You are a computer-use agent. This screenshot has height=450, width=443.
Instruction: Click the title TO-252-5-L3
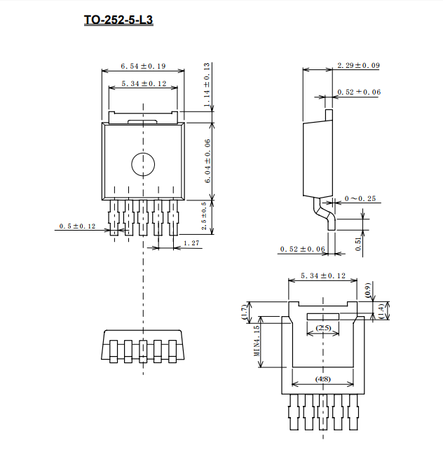pyautogui.click(x=118, y=20)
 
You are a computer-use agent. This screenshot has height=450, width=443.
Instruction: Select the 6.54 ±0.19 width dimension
pyautogui.click(x=143, y=66)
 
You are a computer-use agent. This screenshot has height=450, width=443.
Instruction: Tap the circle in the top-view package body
pyautogui.click(x=143, y=164)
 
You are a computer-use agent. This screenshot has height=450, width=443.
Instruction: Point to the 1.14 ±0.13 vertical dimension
pyautogui.click(x=207, y=85)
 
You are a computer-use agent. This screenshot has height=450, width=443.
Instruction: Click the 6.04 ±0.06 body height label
pyautogui.click(x=207, y=161)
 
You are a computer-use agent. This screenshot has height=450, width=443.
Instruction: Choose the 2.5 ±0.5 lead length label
pyautogui.click(x=204, y=216)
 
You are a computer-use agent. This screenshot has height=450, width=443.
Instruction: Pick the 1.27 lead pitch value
pyautogui.click(x=191, y=243)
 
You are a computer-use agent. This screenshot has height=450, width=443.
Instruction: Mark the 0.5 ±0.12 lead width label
pyautogui.click(x=77, y=226)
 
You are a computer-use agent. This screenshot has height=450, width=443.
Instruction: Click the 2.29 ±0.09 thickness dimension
pyautogui.click(x=358, y=65)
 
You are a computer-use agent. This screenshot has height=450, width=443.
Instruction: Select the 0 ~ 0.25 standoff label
pyautogui.click(x=360, y=198)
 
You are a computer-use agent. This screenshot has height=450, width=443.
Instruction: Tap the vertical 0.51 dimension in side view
pyautogui.click(x=358, y=244)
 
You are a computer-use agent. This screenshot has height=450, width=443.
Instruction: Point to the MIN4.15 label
pyautogui.click(x=257, y=341)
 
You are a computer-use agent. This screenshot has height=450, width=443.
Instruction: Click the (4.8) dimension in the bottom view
pyautogui.click(x=322, y=379)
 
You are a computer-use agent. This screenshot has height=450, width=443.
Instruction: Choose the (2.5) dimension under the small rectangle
pyautogui.click(x=323, y=328)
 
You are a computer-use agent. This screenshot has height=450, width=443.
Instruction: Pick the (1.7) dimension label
pyautogui.click(x=244, y=313)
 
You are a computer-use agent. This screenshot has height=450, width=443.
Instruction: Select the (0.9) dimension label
pyautogui.click(x=367, y=290)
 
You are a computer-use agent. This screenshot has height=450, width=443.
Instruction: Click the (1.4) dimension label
pyautogui.click(x=381, y=312)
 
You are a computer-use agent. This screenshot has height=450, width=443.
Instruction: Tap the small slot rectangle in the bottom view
pyautogui.click(x=323, y=317)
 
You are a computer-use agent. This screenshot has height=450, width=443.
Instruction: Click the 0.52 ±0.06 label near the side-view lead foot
pyautogui.click(x=302, y=249)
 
